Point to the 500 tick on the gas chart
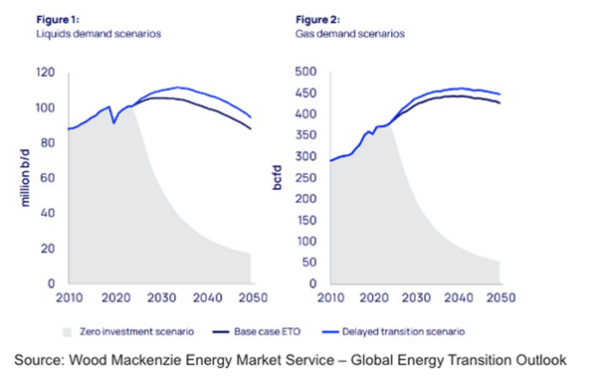(x=306, y=73)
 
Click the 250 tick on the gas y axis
(x=306, y=178)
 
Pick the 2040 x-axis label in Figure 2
(x=457, y=298)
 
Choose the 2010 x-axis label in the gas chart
(x=331, y=298)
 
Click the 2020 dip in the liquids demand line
(x=113, y=122)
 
